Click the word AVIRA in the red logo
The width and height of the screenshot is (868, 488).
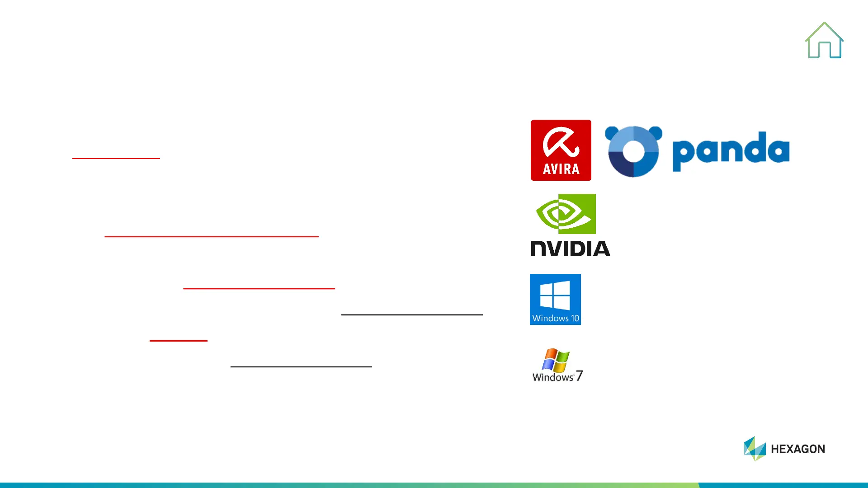tap(561, 169)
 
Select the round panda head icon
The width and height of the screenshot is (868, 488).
tap(633, 151)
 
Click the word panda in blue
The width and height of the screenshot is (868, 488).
tap(731, 151)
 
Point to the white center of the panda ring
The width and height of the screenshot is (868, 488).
tap(633, 152)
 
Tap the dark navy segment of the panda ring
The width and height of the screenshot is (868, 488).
tap(619, 164)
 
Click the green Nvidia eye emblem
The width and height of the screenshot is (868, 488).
tap(565, 214)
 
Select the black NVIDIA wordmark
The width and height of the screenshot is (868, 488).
tap(570, 249)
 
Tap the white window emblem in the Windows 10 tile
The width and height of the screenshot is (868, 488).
tap(555, 295)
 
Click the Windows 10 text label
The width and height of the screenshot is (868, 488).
tap(556, 318)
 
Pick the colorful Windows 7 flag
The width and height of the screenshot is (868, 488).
tap(556, 360)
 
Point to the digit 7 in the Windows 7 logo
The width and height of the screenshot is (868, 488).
tap(579, 376)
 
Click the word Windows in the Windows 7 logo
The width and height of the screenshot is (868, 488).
tap(552, 377)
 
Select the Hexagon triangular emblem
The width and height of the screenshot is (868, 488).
tap(755, 448)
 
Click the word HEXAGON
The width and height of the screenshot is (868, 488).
tap(798, 449)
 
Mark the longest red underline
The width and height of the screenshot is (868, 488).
tap(212, 236)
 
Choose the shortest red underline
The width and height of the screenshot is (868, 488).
tap(179, 341)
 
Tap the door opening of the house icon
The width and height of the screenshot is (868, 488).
tap(825, 50)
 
